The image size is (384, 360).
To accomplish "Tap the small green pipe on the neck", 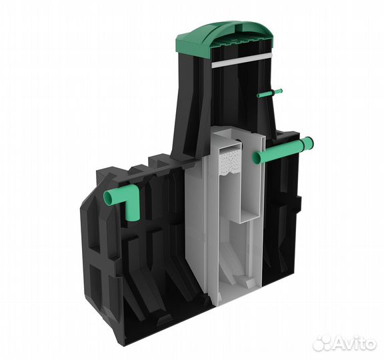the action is [x=269, y=93].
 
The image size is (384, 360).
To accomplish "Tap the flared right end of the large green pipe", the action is [x=308, y=144].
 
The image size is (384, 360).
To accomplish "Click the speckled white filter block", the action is [x=231, y=161].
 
